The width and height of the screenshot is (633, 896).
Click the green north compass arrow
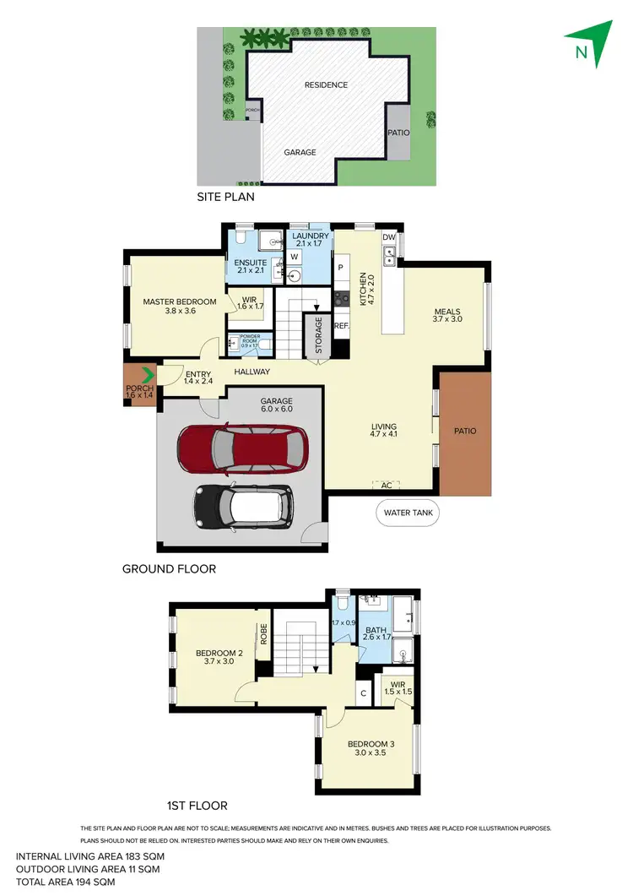click(588, 43)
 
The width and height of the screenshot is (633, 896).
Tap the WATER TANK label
click(408, 513)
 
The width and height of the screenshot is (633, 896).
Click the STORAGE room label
click(318, 334)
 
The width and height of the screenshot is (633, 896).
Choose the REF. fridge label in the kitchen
click(341, 325)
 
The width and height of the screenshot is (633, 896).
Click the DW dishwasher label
click(388, 238)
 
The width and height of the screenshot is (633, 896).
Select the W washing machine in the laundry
click(295, 256)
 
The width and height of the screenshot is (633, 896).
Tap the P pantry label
click(341, 268)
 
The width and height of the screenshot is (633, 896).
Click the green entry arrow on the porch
click(148, 374)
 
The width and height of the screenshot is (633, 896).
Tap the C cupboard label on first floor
click(362, 694)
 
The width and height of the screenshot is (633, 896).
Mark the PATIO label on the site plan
click(398, 133)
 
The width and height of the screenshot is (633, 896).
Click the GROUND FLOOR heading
click(169, 569)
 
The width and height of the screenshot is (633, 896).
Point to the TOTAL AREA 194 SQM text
click(65, 882)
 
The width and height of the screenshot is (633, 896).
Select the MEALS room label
click(446, 310)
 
